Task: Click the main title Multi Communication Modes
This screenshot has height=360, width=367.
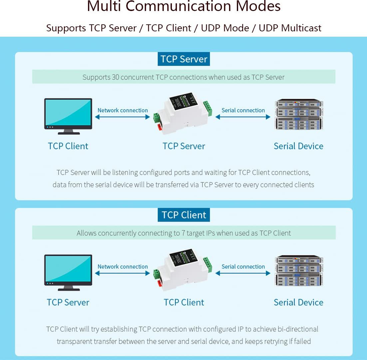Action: [x=183, y=7]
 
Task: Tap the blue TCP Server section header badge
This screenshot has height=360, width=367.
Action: [x=184, y=59]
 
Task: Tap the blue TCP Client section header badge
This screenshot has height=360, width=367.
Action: [x=184, y=215]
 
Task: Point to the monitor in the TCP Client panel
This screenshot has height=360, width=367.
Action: [x=68, y=272]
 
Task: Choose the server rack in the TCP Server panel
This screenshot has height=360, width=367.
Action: [x=299, y=114]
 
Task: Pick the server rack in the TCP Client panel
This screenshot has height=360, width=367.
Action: [x=299, y=270]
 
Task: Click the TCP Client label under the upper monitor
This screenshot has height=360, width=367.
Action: [x=68, y=146]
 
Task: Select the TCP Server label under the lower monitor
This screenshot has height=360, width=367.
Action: [x=68, y=302]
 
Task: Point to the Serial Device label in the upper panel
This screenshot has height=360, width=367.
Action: [x=298, y=146]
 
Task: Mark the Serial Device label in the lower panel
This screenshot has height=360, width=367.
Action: [x=298, y=302]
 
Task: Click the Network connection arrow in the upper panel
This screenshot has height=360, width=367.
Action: [x=123, y=117]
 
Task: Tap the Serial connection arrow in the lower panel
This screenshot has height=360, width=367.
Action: [x=243, y=273]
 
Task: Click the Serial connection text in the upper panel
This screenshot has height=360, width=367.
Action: [x=243, y=110]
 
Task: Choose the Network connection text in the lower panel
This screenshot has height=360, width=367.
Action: [x=123, y=267]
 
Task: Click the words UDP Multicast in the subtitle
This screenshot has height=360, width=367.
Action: [x=290, y=28]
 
